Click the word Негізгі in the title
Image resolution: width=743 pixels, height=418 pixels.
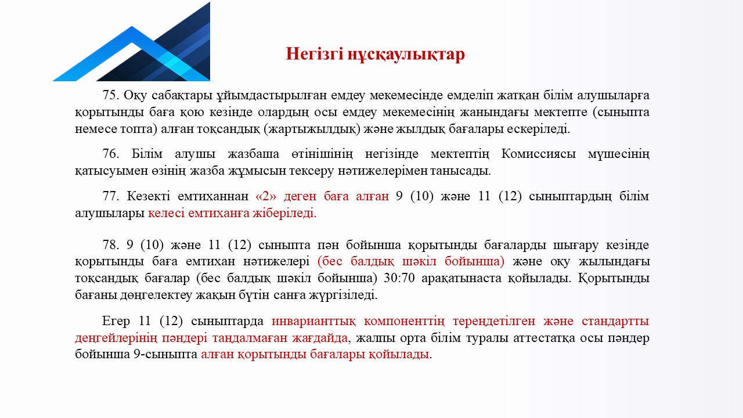pyautogui.click(x=314, y=54)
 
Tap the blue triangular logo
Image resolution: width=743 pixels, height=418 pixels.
pyautogui.click(x=131, y=41)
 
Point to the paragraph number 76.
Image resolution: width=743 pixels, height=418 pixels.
pyautogui.click(x=110, y=154)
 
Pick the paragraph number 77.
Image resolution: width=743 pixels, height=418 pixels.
pyautogui.click(x=110, y=196)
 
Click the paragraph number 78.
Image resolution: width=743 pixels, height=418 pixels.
pyautogui.click(x=110, y=245)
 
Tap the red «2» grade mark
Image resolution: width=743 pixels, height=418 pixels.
pyautogui.click(x=266, y=196)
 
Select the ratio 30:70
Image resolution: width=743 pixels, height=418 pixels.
pyautogui.click(x=399, y=278)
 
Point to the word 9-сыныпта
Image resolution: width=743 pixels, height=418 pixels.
pyautogui.click(x=165, y=354)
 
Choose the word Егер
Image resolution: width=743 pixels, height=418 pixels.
pyautogui.click(x=116, y=321)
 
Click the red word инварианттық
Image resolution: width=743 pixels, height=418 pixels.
pyautogui.click(x=313, y=321)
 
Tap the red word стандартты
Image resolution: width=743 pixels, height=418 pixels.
pyautogui.click(x=615, y=321)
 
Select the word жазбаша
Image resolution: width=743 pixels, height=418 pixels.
pyautogui.click(x=254, y=154)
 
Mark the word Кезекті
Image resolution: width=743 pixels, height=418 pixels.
pyautogui.click(x=148, y=196)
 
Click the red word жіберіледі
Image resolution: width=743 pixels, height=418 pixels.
pyautogui.click(x=284, y=213)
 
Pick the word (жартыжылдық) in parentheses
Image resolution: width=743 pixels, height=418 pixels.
pyautogui.click(x=312, y=129)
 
